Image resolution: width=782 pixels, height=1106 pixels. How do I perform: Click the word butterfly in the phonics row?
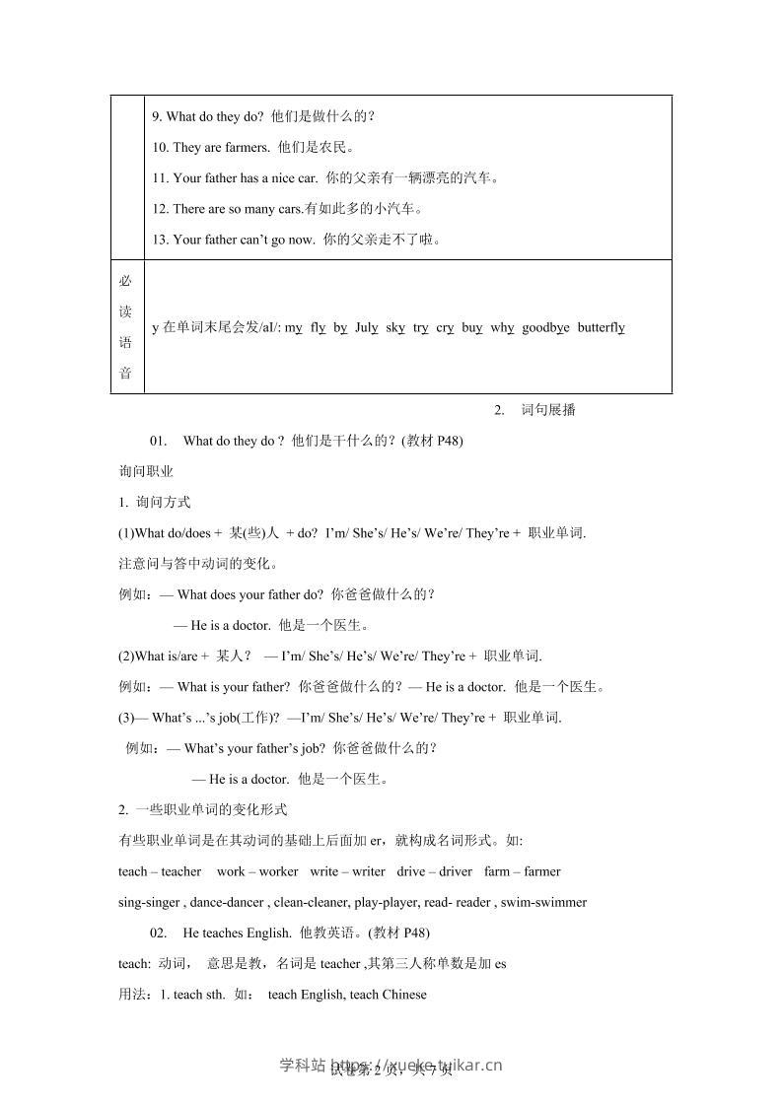pyautogui.click(x=601, y=327)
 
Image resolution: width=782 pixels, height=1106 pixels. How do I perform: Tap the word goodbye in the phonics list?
pyautogui.click(x=545, y=327)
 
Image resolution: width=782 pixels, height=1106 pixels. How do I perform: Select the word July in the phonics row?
pyautogui.click(x=366, y=327)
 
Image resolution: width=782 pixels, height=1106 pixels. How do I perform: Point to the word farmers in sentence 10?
pyautogui.click(x=248, y=147)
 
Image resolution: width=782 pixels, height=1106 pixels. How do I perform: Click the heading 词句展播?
pyautogui.click(x=548, y=410)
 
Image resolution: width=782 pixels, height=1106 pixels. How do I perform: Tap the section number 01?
pyautogui.click(x=160, y=441)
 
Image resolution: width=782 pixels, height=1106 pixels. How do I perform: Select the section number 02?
pyautogui.click(x=160, y=933)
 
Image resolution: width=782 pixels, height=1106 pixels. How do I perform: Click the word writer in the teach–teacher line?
pyautogui.click(x=368, y=871)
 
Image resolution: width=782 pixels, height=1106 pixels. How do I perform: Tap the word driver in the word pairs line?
pyautogui.click(x=456, y=871)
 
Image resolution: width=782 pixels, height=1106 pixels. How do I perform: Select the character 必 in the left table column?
pyautogui.click(x=125, y=281)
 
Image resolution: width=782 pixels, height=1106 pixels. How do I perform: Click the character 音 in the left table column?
pyautogui.click(x=125, y=373)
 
